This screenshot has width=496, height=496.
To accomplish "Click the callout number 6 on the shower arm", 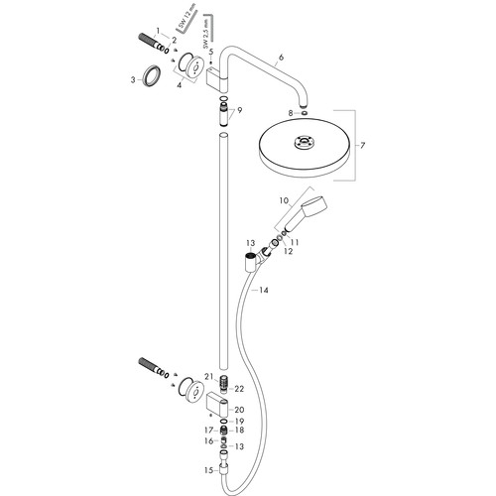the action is point(281,58).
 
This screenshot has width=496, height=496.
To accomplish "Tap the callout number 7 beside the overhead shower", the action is point(362,145).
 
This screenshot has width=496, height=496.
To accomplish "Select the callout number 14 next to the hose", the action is point(264,291).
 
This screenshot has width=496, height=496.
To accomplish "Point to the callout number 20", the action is point(239,410).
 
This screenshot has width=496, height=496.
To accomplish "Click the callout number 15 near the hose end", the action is point(208,470).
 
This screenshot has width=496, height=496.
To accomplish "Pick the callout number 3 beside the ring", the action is point(133,79).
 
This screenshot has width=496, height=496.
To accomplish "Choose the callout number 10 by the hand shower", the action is point(284,200).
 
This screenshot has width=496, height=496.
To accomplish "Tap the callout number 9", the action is point(239,110).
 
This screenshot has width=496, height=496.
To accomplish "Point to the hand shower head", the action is point(315,204).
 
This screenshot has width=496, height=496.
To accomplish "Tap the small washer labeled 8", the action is point(304,114).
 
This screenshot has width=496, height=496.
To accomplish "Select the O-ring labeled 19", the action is point(223,421).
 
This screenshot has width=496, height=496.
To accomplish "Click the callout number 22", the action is point(239,389).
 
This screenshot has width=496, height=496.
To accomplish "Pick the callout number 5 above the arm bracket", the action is point(211,53).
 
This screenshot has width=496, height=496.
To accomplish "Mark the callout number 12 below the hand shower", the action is point(289,251).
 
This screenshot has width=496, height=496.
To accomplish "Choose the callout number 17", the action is point(208,431).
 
